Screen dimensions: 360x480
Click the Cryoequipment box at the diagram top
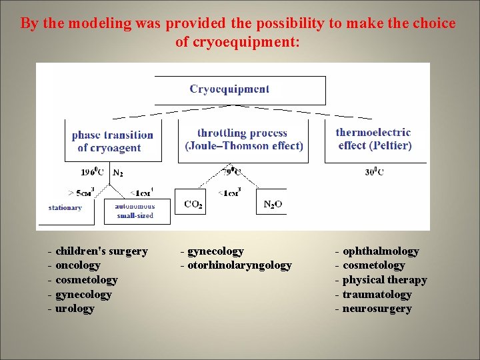click(x=230, y=89)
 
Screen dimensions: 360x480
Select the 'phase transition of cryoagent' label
click(x=112, y=141)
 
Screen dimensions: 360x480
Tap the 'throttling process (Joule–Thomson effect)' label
click(x=243, y=139)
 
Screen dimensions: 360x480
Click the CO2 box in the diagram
click(x=193, y=204)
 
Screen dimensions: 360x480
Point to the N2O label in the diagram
click(x=273, y=205)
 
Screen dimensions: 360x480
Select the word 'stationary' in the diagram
click(x=65, y=207)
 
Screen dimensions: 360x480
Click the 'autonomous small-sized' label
click(x=135, y=211)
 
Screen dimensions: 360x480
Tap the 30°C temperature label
click(x=373, y=172)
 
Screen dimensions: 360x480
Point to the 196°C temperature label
click(x=95, y=172)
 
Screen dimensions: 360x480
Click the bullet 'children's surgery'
click(x=101, y=251)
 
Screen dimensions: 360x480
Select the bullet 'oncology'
click(x=78, y=265)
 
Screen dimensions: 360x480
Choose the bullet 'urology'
click(x=75, y=309)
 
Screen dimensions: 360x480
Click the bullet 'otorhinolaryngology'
click(x=239, y=265)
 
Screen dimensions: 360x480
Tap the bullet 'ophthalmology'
click(x=381, y=251)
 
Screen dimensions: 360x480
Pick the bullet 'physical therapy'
click(x=385, y=280)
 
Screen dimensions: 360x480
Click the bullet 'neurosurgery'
click(x=377, y=309)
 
